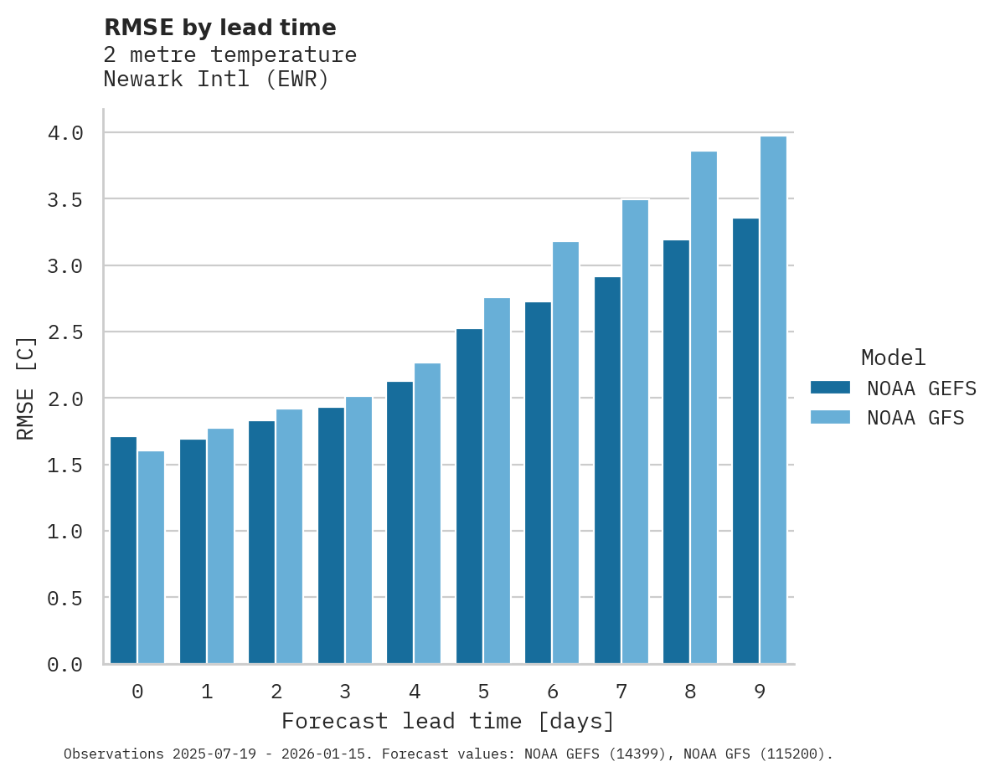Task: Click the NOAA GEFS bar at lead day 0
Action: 123,550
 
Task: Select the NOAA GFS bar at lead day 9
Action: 773,400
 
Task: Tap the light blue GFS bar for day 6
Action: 565,453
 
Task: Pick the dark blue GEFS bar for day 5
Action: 469,497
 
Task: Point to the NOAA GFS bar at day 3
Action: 358,530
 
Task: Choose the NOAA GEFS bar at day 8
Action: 676,452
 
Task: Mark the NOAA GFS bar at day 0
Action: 151,558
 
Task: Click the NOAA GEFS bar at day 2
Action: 261,543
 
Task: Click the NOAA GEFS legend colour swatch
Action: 830,388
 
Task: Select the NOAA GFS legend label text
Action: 915,418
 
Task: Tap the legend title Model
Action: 893,358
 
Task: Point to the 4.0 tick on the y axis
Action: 64,133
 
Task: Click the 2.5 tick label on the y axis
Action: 64,332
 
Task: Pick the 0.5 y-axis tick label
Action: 64,598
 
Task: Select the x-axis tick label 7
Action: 621,692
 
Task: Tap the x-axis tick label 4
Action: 414,692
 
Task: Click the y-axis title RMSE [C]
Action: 26,388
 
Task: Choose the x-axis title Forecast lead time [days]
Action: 448,721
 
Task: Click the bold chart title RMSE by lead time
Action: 219,28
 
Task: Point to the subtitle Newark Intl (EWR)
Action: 216,80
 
